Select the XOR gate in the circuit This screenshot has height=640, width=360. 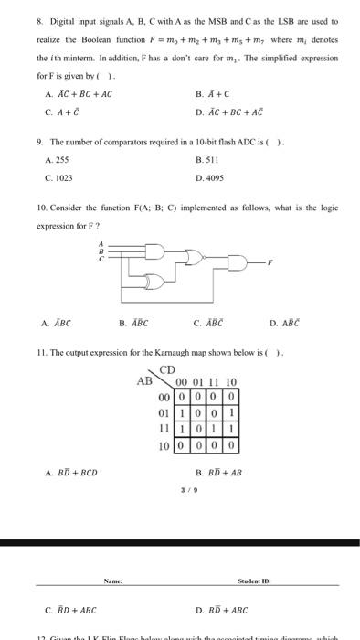click(153, 282)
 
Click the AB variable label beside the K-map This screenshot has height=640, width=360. click(144, 382)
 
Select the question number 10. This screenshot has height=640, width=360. click(41, 208)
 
